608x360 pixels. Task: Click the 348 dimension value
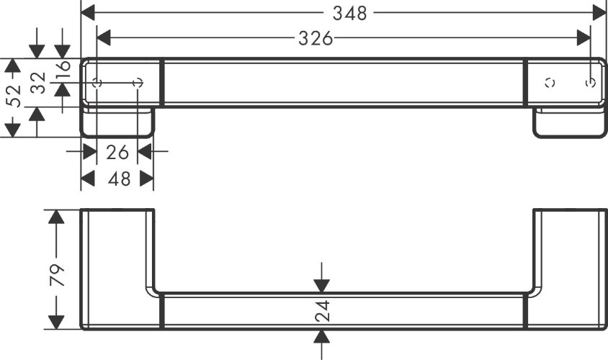[x=351, y=12]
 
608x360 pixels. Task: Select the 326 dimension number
[x=316, y=39]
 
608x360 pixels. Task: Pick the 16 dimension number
[x=63, y=69]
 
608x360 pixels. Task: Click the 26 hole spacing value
[x=117, y=152]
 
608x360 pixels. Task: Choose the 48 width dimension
[x=118, y=179]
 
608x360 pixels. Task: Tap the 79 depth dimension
[x=56, y=274]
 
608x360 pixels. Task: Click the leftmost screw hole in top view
[x=99, y=84]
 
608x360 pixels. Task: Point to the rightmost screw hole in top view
[x=591, y=83]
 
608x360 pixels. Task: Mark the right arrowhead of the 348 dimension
[x=599, y=12]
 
